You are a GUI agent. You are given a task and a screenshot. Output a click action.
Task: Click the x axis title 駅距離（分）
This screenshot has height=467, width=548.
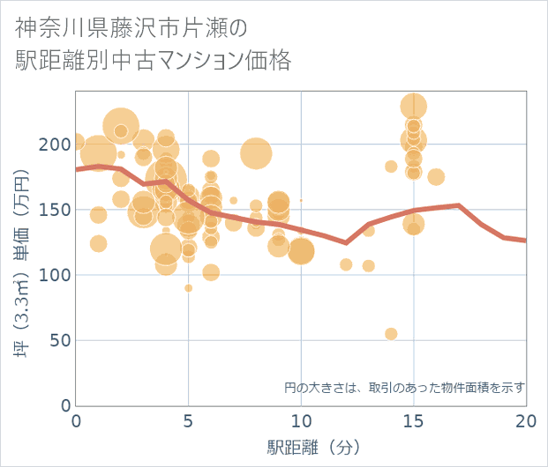coord(302,447)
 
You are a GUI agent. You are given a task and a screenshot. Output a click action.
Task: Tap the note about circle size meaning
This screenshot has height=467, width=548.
coord(405,387)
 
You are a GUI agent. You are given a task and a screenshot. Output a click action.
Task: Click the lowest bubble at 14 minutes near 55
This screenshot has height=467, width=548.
coord(391,334)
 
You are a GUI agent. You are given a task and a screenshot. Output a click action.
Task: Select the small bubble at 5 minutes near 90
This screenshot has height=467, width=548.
coord(188,288)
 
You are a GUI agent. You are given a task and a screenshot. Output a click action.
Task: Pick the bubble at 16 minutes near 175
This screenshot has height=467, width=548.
coord(436,177)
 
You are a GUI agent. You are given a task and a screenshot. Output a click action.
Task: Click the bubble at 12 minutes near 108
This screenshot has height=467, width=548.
coord(346,264)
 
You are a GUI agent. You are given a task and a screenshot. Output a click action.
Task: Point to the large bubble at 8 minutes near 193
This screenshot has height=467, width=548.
coord(256,153)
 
